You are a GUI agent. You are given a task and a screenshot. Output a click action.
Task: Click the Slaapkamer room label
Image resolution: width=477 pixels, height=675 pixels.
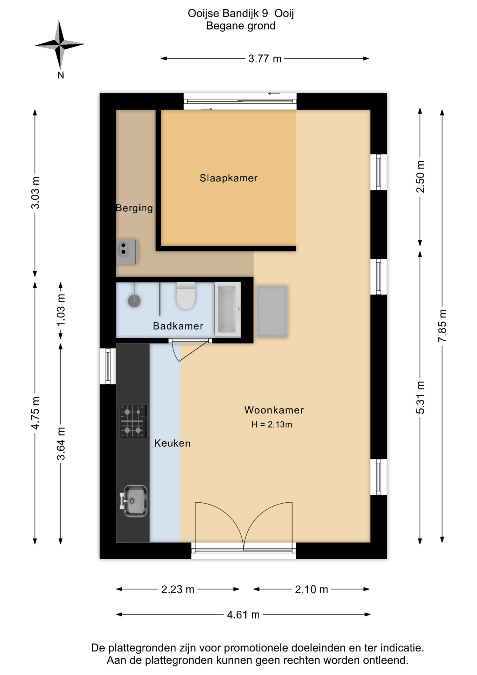[228, 178]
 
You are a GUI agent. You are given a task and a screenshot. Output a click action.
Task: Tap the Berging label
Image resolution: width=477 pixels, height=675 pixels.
[135, 208]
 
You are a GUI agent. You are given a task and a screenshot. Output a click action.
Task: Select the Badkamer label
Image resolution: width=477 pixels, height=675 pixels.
[178, 326]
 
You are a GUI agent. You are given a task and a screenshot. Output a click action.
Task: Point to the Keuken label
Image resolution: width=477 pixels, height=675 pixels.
[172, 443]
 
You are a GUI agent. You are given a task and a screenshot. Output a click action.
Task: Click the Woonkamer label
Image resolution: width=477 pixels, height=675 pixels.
[274, 410]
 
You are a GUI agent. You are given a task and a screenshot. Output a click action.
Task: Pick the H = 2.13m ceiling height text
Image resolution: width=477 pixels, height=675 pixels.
[272, 424]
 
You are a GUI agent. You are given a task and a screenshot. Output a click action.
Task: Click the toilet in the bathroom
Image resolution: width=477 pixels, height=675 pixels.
[186, 295]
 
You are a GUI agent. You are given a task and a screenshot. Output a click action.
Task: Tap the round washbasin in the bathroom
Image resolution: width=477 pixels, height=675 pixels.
[134, 301]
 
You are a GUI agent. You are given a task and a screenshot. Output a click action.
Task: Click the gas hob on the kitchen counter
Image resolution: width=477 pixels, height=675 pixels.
[133, 421]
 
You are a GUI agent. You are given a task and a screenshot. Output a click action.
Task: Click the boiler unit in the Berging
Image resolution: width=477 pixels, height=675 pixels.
[127, 251]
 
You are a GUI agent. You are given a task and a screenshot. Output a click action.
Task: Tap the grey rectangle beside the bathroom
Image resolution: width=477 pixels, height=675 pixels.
[272, 312]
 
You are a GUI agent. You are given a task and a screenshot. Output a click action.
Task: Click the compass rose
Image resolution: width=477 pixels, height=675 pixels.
[60, 45]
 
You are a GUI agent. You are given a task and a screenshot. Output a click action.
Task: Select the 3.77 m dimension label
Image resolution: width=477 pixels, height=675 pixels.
[265, 58]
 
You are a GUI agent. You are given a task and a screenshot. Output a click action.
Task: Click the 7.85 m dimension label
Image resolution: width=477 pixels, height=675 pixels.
[442, 326]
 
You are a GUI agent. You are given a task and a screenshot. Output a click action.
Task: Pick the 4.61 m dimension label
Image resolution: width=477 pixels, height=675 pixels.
[243, 615]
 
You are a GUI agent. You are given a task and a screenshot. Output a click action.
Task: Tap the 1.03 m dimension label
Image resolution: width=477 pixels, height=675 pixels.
[61, 310]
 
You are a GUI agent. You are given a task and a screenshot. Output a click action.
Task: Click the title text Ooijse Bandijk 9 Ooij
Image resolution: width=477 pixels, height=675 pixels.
[241, 13]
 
